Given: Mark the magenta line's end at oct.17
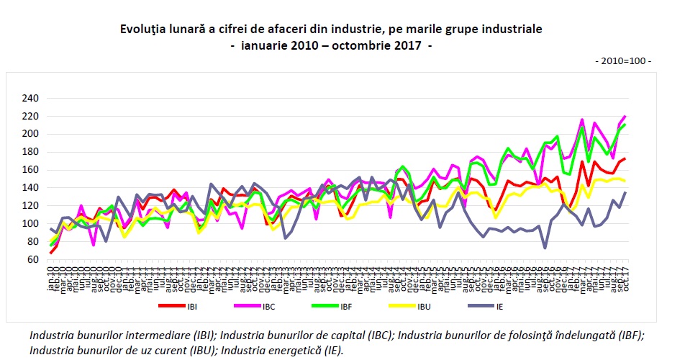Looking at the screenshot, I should (x=625, y=116).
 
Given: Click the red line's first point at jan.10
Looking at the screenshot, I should (x=50, y=252).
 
